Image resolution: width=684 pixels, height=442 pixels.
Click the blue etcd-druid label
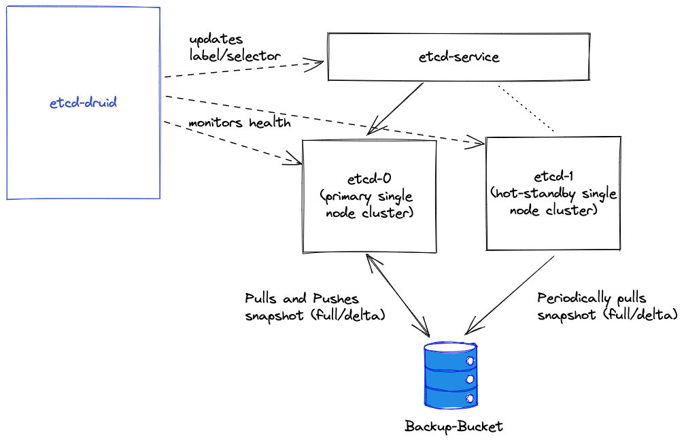(83, 103)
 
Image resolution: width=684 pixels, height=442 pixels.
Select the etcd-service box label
(459, 57)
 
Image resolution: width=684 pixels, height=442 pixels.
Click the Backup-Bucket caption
(454, 427)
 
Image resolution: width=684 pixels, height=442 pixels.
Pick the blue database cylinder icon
(449, 376)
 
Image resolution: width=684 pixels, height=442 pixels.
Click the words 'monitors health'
(239, 123)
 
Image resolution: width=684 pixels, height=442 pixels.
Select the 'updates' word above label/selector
(216, 39)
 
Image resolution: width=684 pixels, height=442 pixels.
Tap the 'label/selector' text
(235, 56)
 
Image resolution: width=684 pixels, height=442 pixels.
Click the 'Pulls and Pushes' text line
(301, 299)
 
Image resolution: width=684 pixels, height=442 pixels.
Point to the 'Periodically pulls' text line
(592, 299)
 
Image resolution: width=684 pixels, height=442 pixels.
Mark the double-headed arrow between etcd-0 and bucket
(398, 296)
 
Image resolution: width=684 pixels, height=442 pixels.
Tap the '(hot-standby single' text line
(553, 194)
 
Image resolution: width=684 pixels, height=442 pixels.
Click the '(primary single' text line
(366, 197)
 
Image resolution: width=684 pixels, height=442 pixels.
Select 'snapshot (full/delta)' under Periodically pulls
(607, 315)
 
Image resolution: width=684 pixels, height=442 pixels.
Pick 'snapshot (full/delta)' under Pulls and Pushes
(315, 315)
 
